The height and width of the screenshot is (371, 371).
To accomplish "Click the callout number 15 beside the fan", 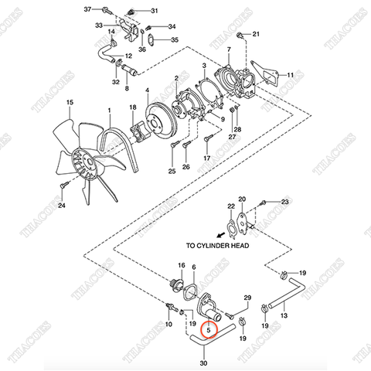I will pos(69,102).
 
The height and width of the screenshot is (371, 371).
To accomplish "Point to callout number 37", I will pos(87,9).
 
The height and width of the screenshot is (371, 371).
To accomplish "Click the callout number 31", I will pos(153,11).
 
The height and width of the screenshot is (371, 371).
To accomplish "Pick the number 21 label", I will pos(257,34).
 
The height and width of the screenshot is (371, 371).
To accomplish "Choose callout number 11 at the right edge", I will pos(291,75).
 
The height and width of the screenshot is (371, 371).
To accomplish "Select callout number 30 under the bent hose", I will pos(204,362).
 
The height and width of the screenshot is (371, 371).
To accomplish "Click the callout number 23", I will pos(284,202).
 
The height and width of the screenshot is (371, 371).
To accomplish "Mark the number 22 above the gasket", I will pos(230,206).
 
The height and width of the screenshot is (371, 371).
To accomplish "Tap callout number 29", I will pos(247,298).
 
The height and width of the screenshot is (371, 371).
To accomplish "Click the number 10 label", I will pos(169,325).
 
